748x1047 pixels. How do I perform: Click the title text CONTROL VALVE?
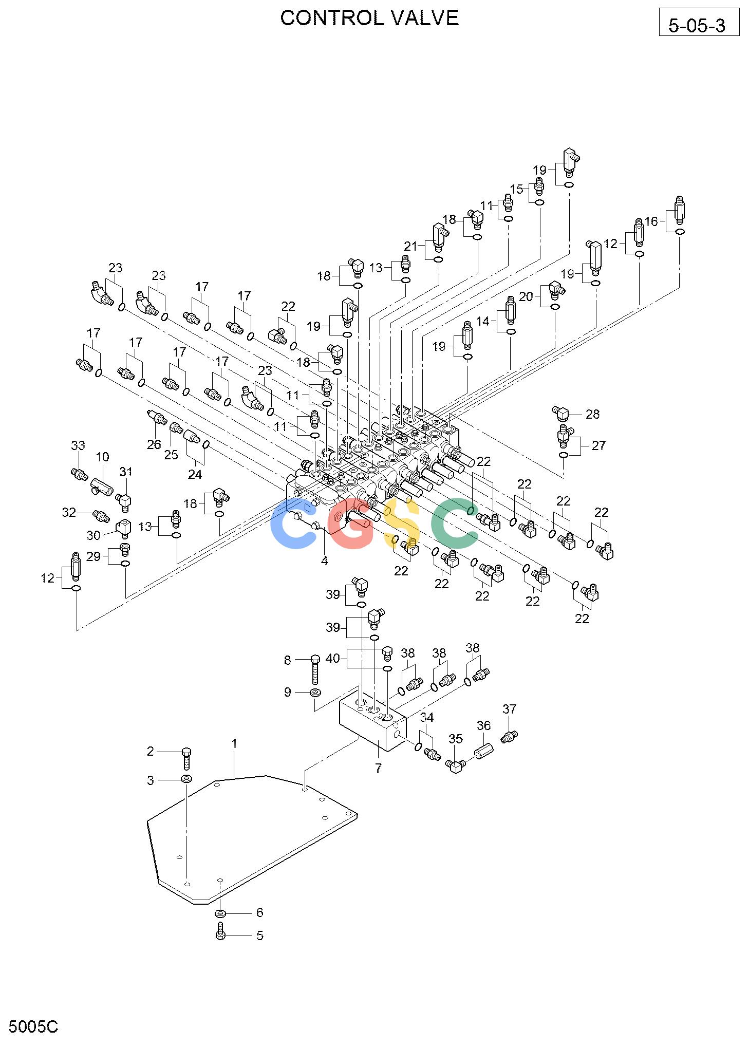[x=369, y=18]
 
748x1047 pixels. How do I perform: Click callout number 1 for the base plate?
[x=234, y=743]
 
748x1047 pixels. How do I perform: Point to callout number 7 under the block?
[x=378, y=768]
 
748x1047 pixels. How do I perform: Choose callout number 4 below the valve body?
[x=324, y=560]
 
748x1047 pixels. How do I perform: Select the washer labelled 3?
[x=186, y=780]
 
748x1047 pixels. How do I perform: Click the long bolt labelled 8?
[x=315, y=669]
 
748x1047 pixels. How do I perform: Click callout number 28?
[x=592, y=414]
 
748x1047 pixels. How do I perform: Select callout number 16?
[x=651, y=221]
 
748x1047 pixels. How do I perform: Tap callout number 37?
[x=509, y=709]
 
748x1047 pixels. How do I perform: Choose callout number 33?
[x=78, y=445]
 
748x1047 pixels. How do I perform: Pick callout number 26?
[x=154, y=444]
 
